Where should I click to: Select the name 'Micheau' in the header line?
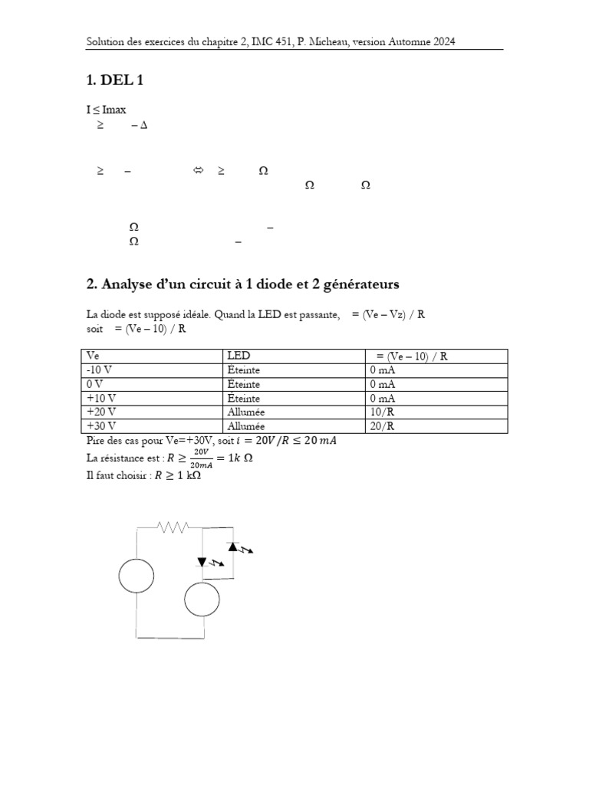(x=313, y=41)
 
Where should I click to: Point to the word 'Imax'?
(x=114, y=110)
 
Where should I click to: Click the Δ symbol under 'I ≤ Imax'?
(x=143, y=125)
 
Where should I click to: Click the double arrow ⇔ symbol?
(x=197, y=172)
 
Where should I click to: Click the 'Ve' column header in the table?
(x=94, y=356)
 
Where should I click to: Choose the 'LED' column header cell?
(x=239, y=356)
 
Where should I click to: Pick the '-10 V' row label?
(x=100, y=370)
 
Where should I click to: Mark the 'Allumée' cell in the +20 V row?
(x=246, y=412)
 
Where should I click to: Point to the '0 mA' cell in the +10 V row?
(x=383, y=399)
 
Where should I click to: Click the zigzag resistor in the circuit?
(x=173, y=527)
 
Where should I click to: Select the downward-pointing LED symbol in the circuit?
(x=203, y=562)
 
